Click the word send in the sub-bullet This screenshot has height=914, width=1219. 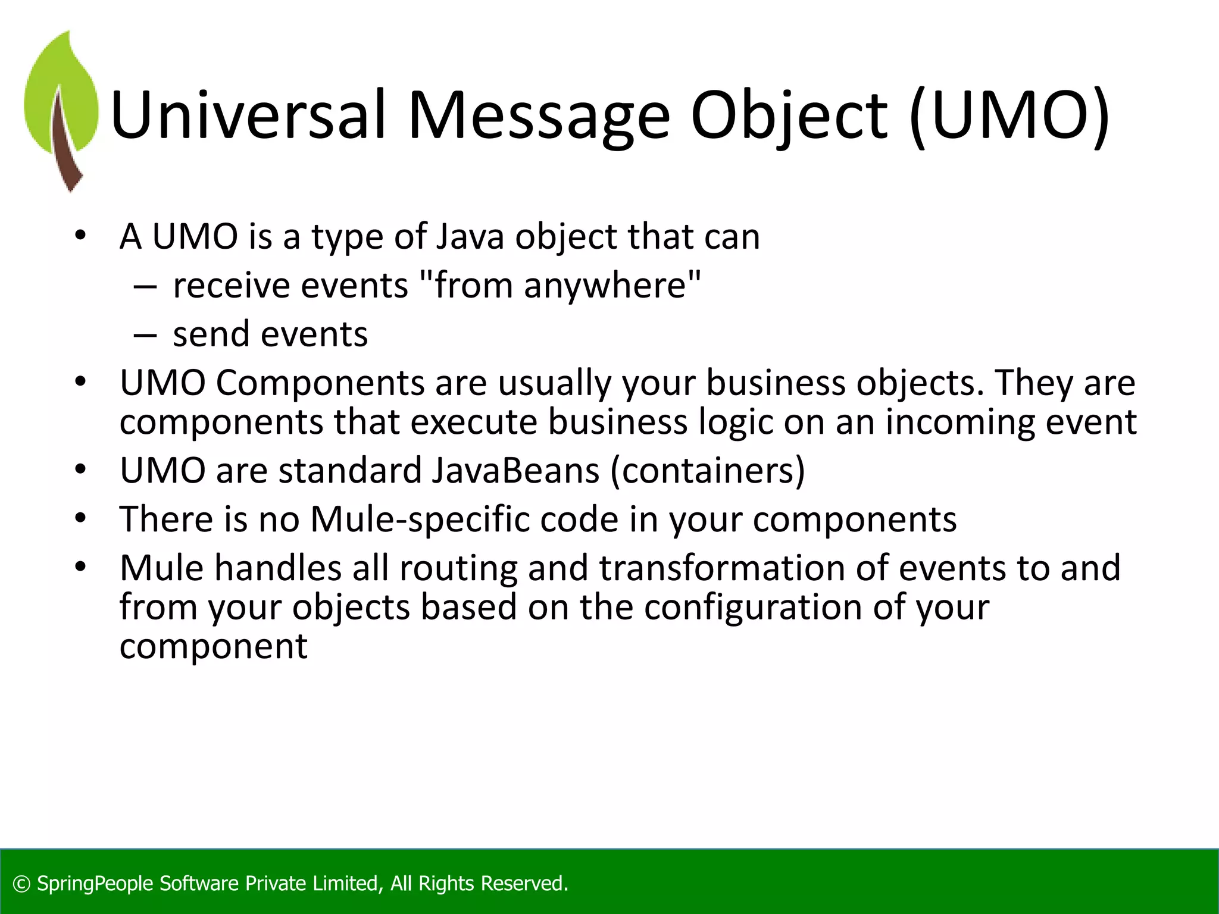[x=210, y=334]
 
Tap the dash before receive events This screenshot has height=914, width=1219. [x=145, y=287]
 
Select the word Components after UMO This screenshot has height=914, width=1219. [x=320, y=383]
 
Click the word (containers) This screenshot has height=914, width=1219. [x=708, y=471]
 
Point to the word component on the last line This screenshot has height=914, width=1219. [x=213, y=647]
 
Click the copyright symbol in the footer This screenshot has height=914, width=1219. [x=21, y=884]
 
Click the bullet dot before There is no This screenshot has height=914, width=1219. [x=81, y=518]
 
